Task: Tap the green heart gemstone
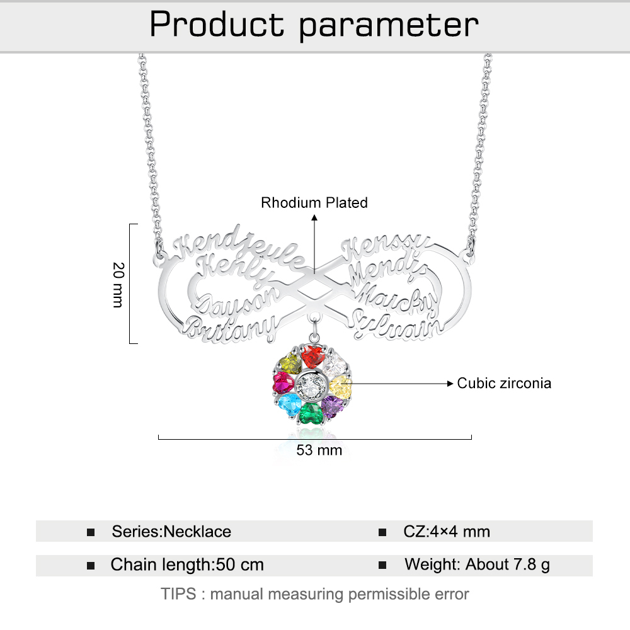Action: click(309, 413)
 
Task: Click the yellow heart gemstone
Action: click(340, 385)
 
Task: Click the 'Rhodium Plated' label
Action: click(314, 203)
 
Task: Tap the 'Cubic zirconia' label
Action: click(504, 383)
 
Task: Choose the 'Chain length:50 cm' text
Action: click(187, 564)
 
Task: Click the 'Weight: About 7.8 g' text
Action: click(477, 564)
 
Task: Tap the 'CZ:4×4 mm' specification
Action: click(447, 532)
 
